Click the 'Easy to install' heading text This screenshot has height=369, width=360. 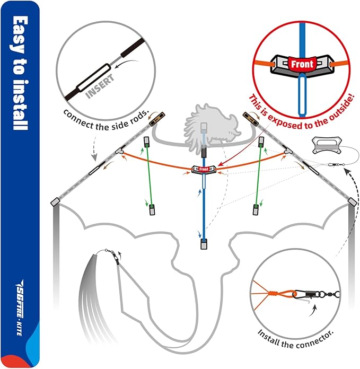coord(20,74)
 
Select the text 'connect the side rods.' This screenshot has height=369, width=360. coord(106,113)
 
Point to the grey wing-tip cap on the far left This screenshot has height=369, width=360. coord(55,202)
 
